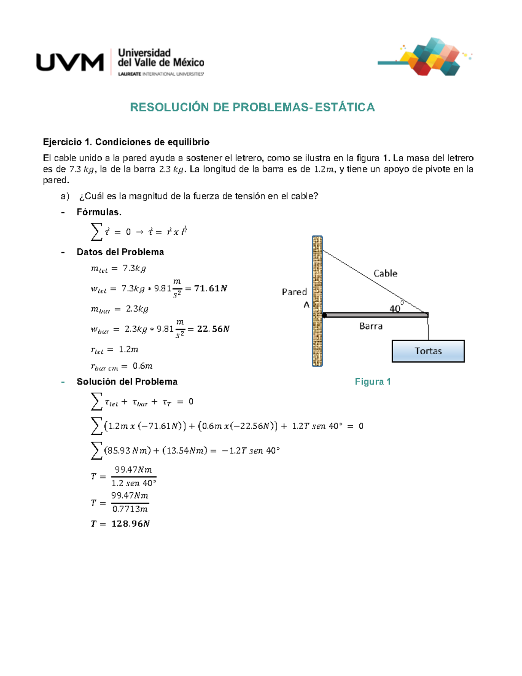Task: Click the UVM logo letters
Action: (70, 62)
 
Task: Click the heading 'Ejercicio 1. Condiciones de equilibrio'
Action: (126, 142)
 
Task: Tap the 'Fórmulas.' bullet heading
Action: (99, 212)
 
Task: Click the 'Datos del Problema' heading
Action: (120, 252)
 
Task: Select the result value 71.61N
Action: (211, 289)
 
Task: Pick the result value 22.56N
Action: (213, 329)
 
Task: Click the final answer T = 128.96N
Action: (120, 524)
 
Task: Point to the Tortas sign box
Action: (428, 351)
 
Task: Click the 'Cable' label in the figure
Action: (385, 273)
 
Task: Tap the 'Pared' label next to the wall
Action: (294, 292)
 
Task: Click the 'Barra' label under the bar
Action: (371, 326)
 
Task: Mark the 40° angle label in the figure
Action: (396, 308)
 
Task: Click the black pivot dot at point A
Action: (324, 315)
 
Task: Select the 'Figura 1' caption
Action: (373, 382)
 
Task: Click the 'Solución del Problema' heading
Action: (127, 382)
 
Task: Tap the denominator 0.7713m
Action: (130, 509)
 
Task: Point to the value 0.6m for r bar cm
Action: (142, 366)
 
